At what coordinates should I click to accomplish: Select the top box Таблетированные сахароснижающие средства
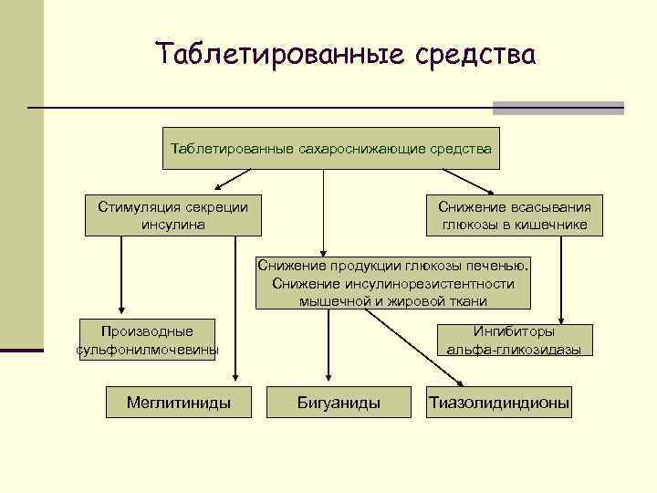tap(330, 148)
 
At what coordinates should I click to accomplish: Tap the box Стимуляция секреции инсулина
tap(173, 215)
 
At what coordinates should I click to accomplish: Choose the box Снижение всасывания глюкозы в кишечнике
tap(515, 215)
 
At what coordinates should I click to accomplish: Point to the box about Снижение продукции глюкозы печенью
tap(393, 283)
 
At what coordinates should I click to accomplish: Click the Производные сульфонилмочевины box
tap(148, 340)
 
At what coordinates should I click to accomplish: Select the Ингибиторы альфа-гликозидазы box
tap(515, 340)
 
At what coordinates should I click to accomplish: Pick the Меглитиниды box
tap(178, 402)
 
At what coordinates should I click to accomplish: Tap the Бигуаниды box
tap(339, 402)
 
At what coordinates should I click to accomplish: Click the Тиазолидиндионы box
tap(499, 402)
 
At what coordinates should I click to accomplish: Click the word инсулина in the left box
tap(173, 225)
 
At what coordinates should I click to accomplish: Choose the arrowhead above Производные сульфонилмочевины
tap(117, 311)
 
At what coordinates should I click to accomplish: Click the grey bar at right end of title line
tap(558, 108)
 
